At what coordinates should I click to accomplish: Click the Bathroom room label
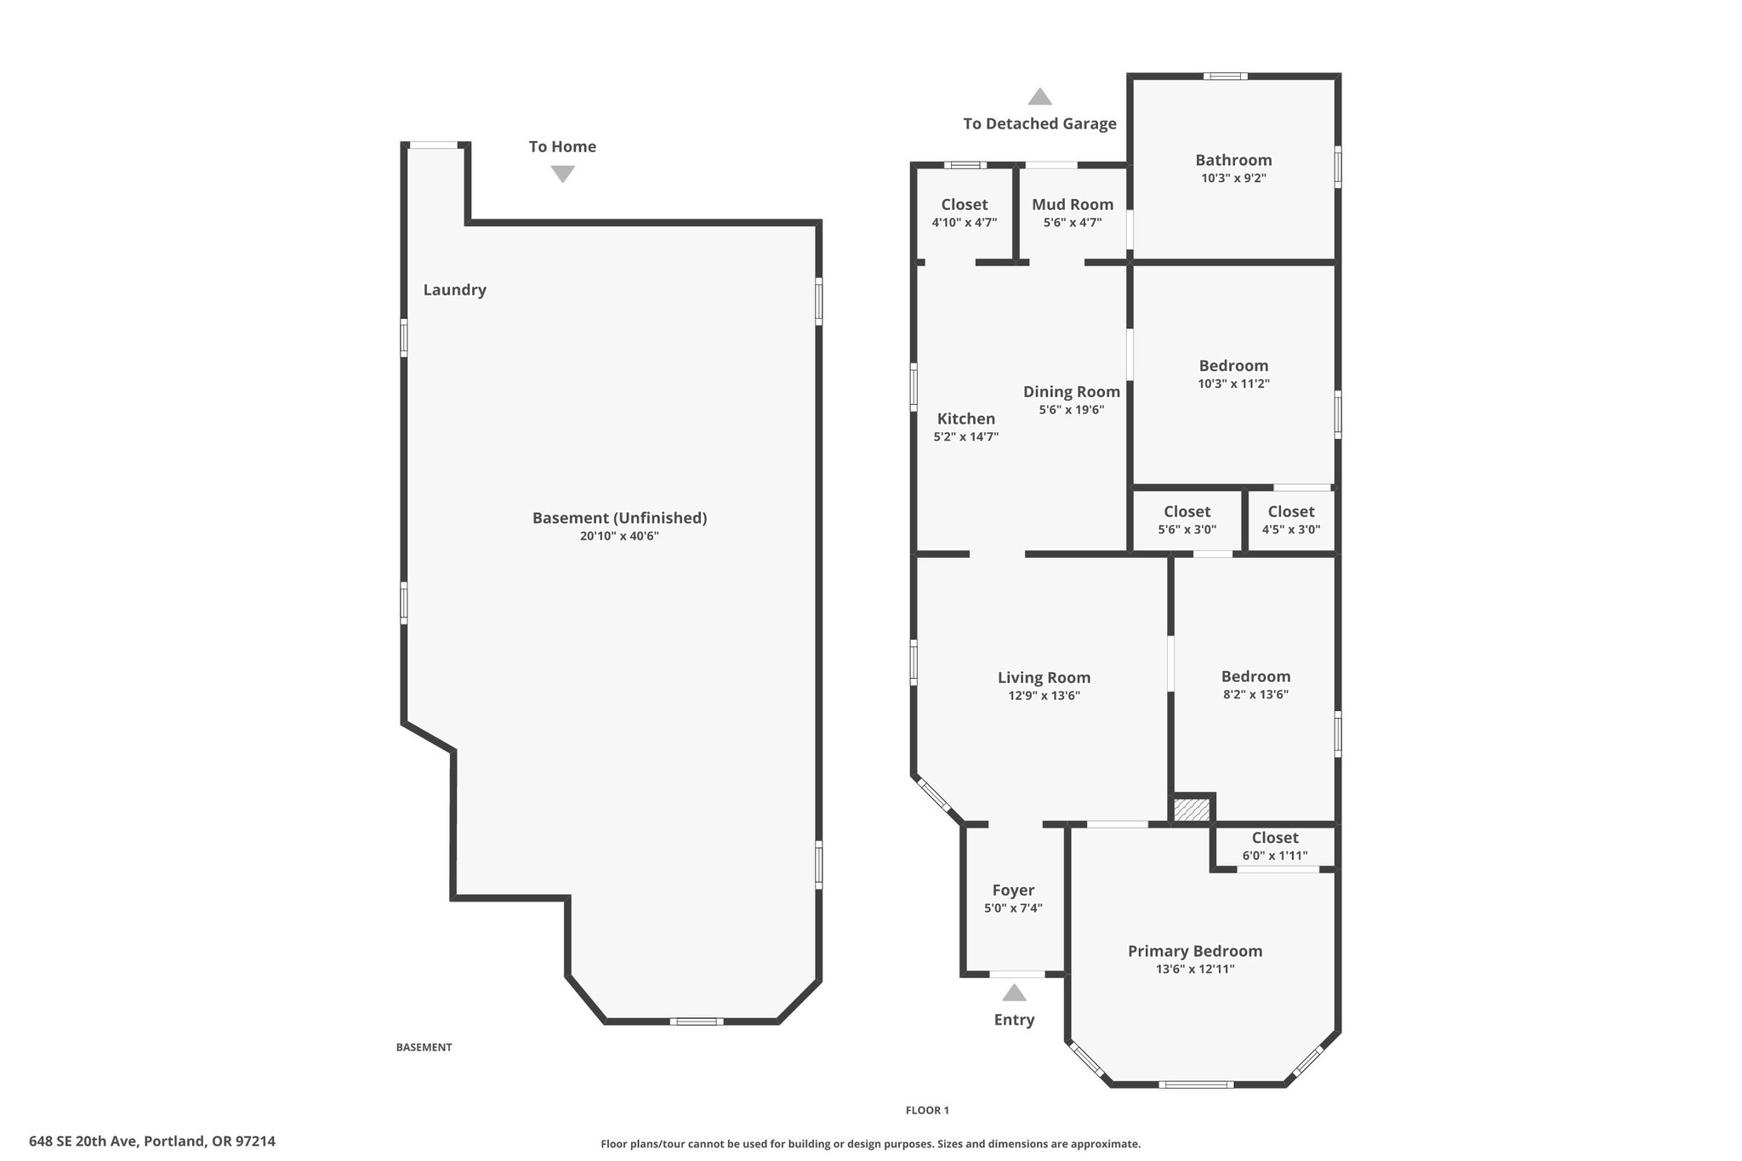pyautogui.click(x=1233, y=160)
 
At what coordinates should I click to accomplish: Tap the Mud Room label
pyautogui.click(x=1073, y=204)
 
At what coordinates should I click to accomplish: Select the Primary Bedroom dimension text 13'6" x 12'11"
pyautogui.click(x=1195, y=969)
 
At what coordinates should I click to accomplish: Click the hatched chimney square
pyautogui.click(x=1191, y=809)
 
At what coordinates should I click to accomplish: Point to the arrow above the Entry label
pyautogui.click(x=1014, y=993)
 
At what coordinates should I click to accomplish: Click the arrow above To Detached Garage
pyautogui.click(x=1039, y=96)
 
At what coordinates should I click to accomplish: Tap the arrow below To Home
pyautogui.click(x=562, y=174)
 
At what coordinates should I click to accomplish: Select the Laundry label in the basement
pyautogui.click(x=455, y=290)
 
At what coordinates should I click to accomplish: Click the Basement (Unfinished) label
pyautogui.click(x=619, y=518)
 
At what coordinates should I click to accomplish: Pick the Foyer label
pyautogui.click(x=1013, y=891)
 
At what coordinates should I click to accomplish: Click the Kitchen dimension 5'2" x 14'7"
pyautogui.click(x=965, y=437)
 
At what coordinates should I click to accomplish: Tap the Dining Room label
pyautogui.click(x=1072, y=392)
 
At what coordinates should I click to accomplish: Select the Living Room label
pyautogui.click(x=1044, y=678)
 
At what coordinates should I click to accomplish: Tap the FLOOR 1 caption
pyautogui.click(x=927, y=1110)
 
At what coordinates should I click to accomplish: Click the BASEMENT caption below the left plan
pyautogui.click(x=424, y=1047)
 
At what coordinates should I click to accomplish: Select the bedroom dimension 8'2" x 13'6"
pyautogui.click(x=1255, y=694)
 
